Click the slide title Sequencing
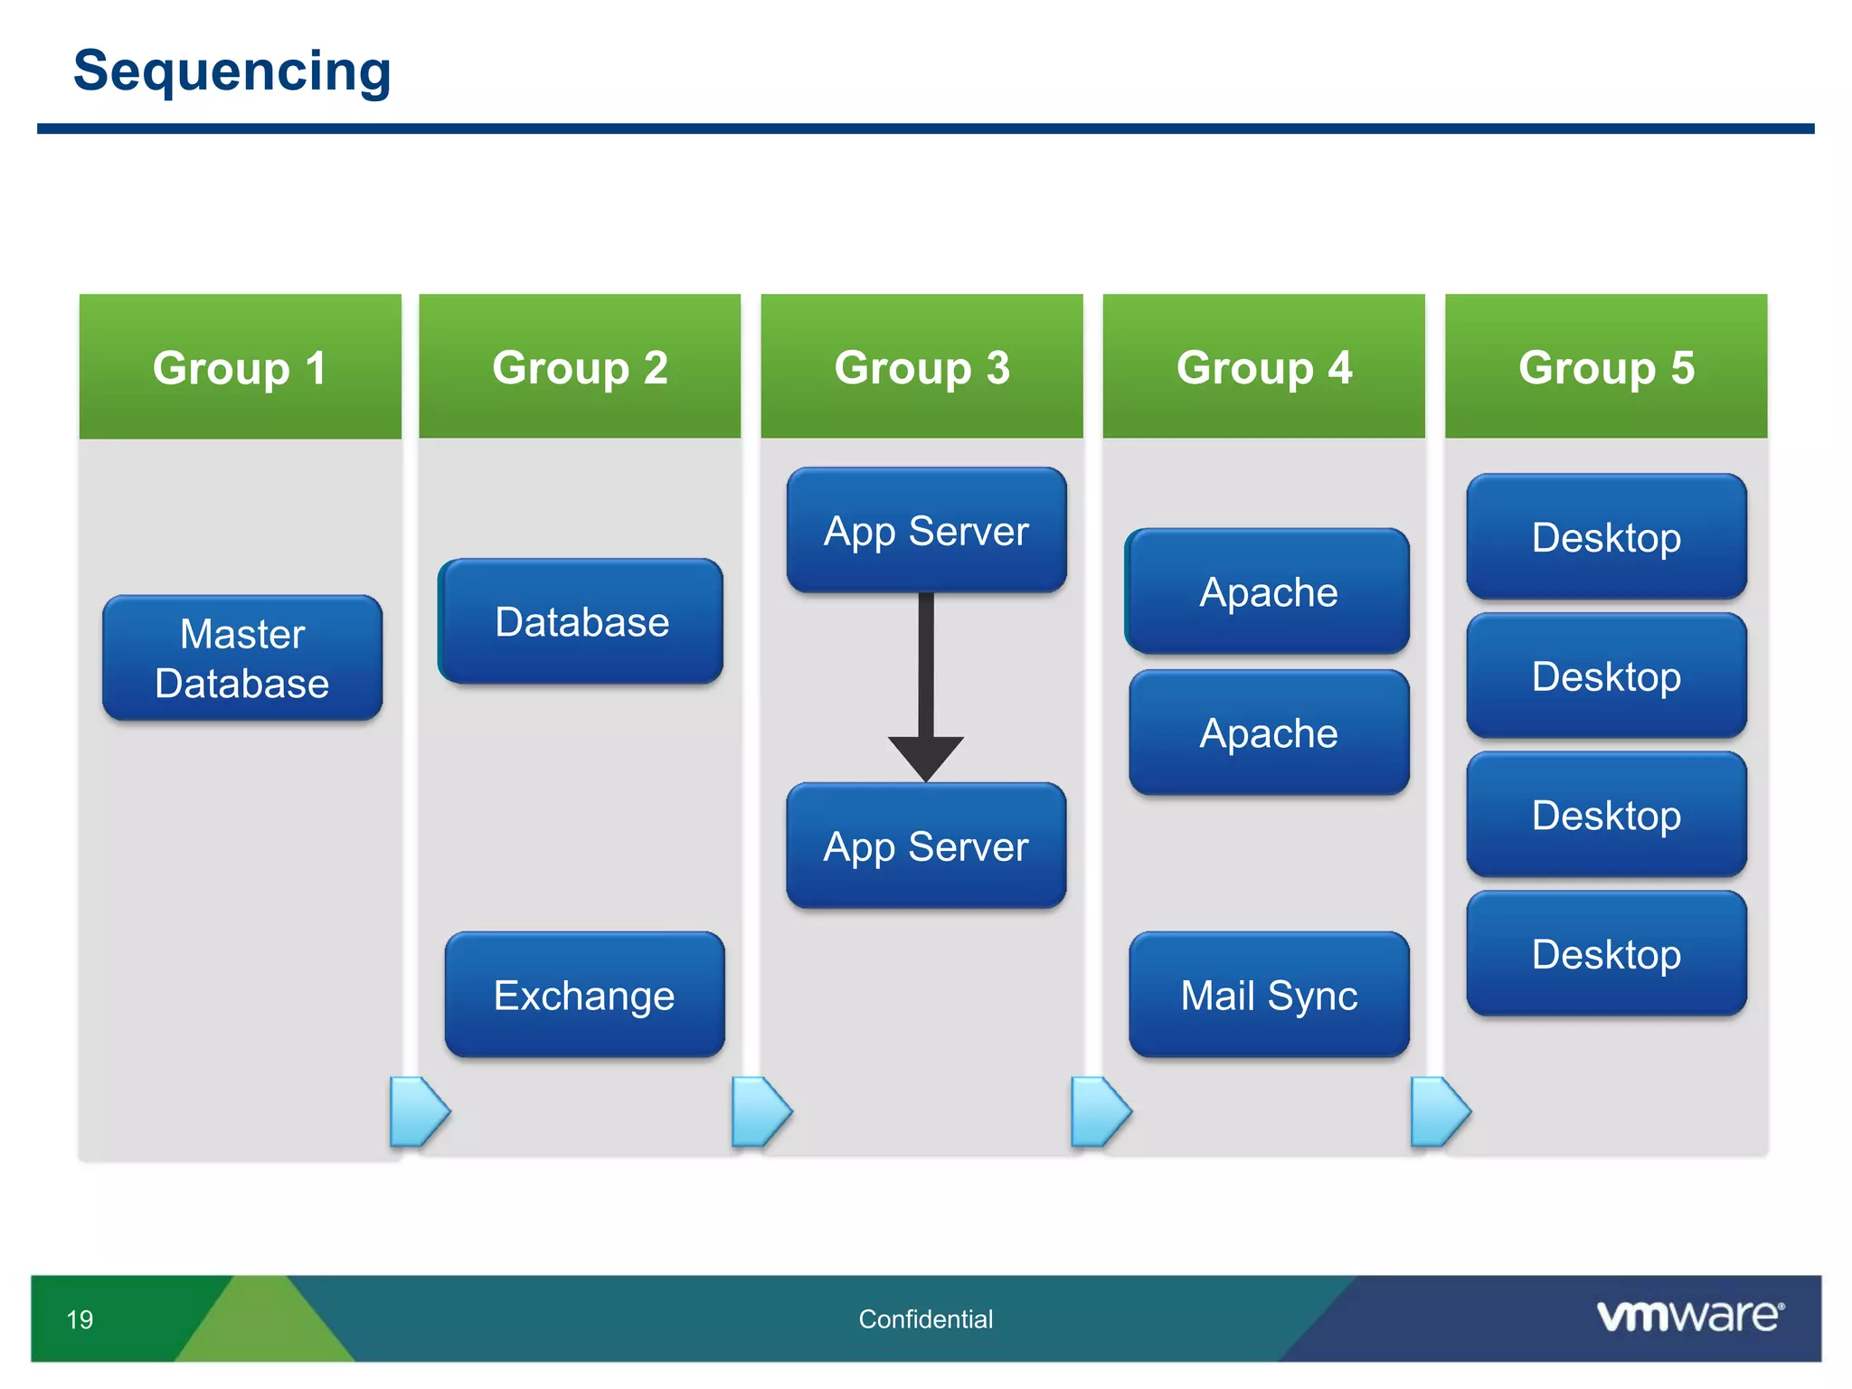(x=231, y=71)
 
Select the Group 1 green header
(x=240, y=366)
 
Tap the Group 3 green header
(x=921, y=366)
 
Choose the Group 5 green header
(x=1606, y=366)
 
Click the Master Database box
(x=242, y=658)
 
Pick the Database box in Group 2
(x=581, y=622)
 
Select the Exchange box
(x=584, y=995)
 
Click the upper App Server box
(x=926, y=531)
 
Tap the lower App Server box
(x=926, y=846)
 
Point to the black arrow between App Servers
(x=926, y=687)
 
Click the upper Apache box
(x=1268, y=592)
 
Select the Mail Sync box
(x=1269, y=995)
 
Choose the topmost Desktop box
(x=1606, y=537)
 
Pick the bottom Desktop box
(x=1606, y=954)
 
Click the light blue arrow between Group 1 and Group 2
(x=418, y=1111)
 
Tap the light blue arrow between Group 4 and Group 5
(x=1439, y=1111)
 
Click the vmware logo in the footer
(x=1689, y=1316)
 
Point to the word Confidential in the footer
(x=925, y=1319)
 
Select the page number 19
(x=80, y=1319)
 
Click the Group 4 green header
(x=1263, y=366)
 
